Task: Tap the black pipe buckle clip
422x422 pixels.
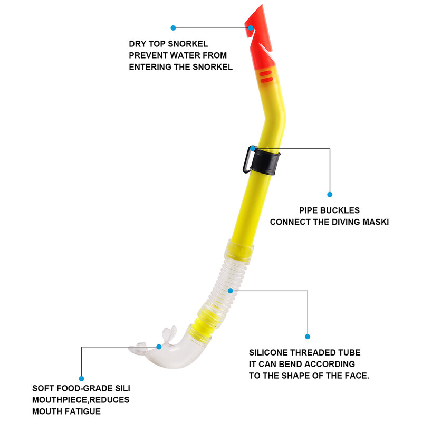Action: (x=265, y=160)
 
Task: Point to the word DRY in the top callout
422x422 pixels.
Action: (x=139, y=44)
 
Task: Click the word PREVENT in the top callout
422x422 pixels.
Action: (x=150, y=56)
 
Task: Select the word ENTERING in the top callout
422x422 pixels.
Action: (x=152, y=67)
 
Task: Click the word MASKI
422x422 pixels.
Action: (x=376, y=222)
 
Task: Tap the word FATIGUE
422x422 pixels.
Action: (x=80, y=411)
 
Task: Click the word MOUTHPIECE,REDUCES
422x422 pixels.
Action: (x=81, y=400)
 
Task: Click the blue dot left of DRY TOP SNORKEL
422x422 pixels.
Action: (x=173, y=27)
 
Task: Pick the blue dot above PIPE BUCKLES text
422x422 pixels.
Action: (x=330, y=194)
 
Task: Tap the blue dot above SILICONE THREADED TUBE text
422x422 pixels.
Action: (x=308, y=336)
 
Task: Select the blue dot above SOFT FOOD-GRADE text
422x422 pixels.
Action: (x=82, y=378)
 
